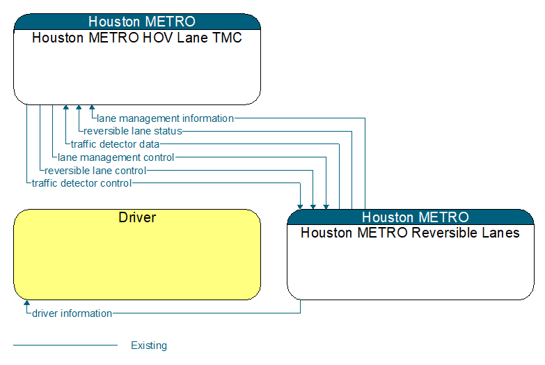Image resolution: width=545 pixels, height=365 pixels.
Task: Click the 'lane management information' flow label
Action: pos(165,118)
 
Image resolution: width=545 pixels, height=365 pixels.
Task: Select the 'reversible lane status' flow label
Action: pos(133,131)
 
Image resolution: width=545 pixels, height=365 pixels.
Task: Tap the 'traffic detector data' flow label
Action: pos(115,144)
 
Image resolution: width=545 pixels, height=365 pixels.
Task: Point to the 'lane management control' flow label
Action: pos(116,157)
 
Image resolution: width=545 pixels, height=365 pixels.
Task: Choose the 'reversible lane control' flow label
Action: pos(95,171)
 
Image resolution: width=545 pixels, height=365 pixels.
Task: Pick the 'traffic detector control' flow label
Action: pos(81,183)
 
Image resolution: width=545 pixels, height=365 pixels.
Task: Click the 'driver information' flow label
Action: pos(72,313)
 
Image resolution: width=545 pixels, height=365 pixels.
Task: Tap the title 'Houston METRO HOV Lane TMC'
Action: pos(137,38)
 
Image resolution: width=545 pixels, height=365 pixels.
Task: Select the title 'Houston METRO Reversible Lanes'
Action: pos(410,233)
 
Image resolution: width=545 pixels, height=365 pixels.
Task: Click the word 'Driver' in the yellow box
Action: pos(137,217)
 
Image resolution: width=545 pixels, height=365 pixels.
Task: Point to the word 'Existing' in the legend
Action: pos(149,345)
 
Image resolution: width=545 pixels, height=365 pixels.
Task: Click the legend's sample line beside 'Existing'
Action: pos(65,345)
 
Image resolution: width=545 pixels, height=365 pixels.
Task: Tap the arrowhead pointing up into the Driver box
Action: pos(26,303)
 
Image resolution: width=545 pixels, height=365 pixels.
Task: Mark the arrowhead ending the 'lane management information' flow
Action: pos(92,107)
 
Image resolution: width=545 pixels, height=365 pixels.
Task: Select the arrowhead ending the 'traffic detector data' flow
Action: pos(66,107)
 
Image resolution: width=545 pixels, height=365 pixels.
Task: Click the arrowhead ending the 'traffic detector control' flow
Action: pos(300,207)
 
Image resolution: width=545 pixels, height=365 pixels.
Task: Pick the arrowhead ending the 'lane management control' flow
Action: pos(326,207)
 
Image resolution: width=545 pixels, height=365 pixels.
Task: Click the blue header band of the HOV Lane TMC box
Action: pos(137,22)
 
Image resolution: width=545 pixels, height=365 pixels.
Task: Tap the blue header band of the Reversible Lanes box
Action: pos(411,217)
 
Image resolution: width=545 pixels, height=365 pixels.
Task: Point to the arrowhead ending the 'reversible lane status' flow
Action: pos(79,107)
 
